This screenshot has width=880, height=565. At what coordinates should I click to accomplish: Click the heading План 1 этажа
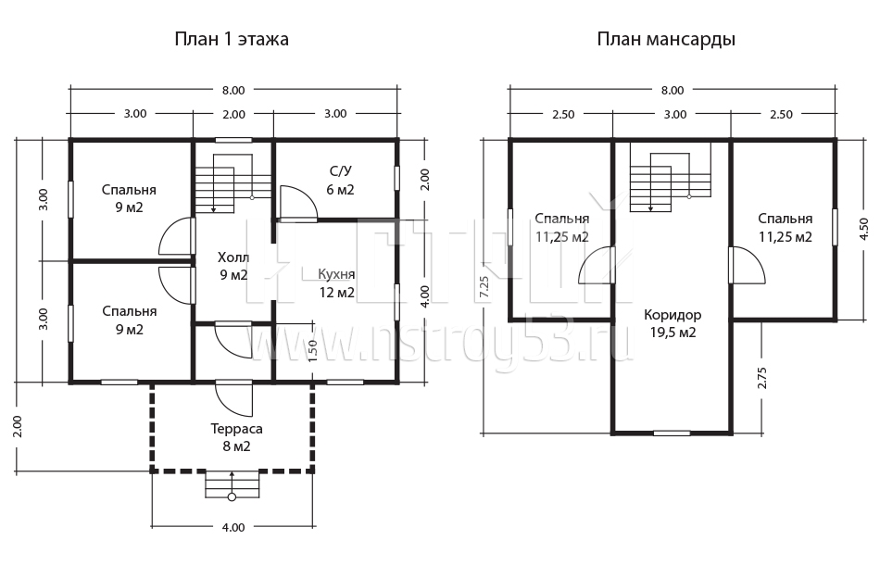click(x=232, y=39)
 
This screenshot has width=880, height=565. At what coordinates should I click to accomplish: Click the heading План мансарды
click(x=666, y=40)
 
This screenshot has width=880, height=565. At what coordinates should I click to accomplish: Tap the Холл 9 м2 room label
click(x=233, y=266)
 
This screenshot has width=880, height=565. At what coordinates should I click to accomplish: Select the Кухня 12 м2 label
click(x=336, y=283)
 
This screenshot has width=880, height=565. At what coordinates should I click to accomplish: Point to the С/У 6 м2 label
click(x=341, y=180)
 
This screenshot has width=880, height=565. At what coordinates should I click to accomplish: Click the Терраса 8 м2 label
click(x=237, y=437)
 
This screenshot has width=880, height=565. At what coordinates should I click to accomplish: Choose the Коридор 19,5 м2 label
click(x=673, y=324)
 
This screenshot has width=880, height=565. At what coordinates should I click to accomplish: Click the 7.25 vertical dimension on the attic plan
click(x=484, y=287)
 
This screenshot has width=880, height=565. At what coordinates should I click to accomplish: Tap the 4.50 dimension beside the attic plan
click(x=863, y=229)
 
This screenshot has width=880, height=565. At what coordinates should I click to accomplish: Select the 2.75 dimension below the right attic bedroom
click(x=761, y=378)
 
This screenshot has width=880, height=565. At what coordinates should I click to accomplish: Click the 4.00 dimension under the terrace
click(x=233, y=527)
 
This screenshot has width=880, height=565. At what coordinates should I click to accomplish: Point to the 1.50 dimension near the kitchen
click(x=313, y=351)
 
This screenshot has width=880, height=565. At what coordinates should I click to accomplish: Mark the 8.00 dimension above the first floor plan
click(x=233, y=91)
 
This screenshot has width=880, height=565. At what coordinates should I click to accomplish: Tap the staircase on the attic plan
click(x=671, y=177)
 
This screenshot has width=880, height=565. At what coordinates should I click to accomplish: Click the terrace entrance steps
click(x=232, y=484)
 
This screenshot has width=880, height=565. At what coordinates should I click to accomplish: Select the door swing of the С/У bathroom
click(x=298, y=203)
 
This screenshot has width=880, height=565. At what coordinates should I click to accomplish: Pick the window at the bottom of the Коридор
click(x=672, y=433)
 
